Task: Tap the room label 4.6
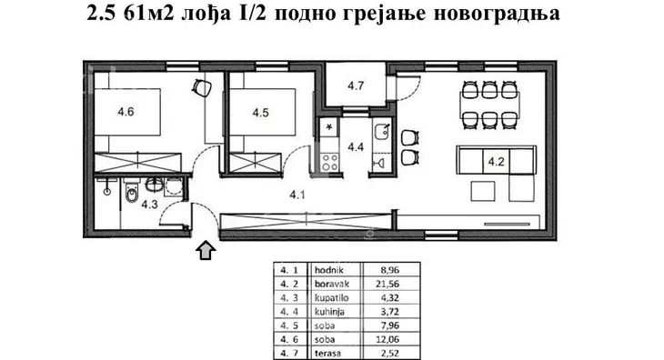click(126, 114)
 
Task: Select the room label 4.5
click(259, 114)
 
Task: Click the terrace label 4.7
click(356, 87)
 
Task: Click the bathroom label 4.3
click(150, 205)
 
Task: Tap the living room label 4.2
click(496, 164)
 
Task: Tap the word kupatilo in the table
click(330, 296)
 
